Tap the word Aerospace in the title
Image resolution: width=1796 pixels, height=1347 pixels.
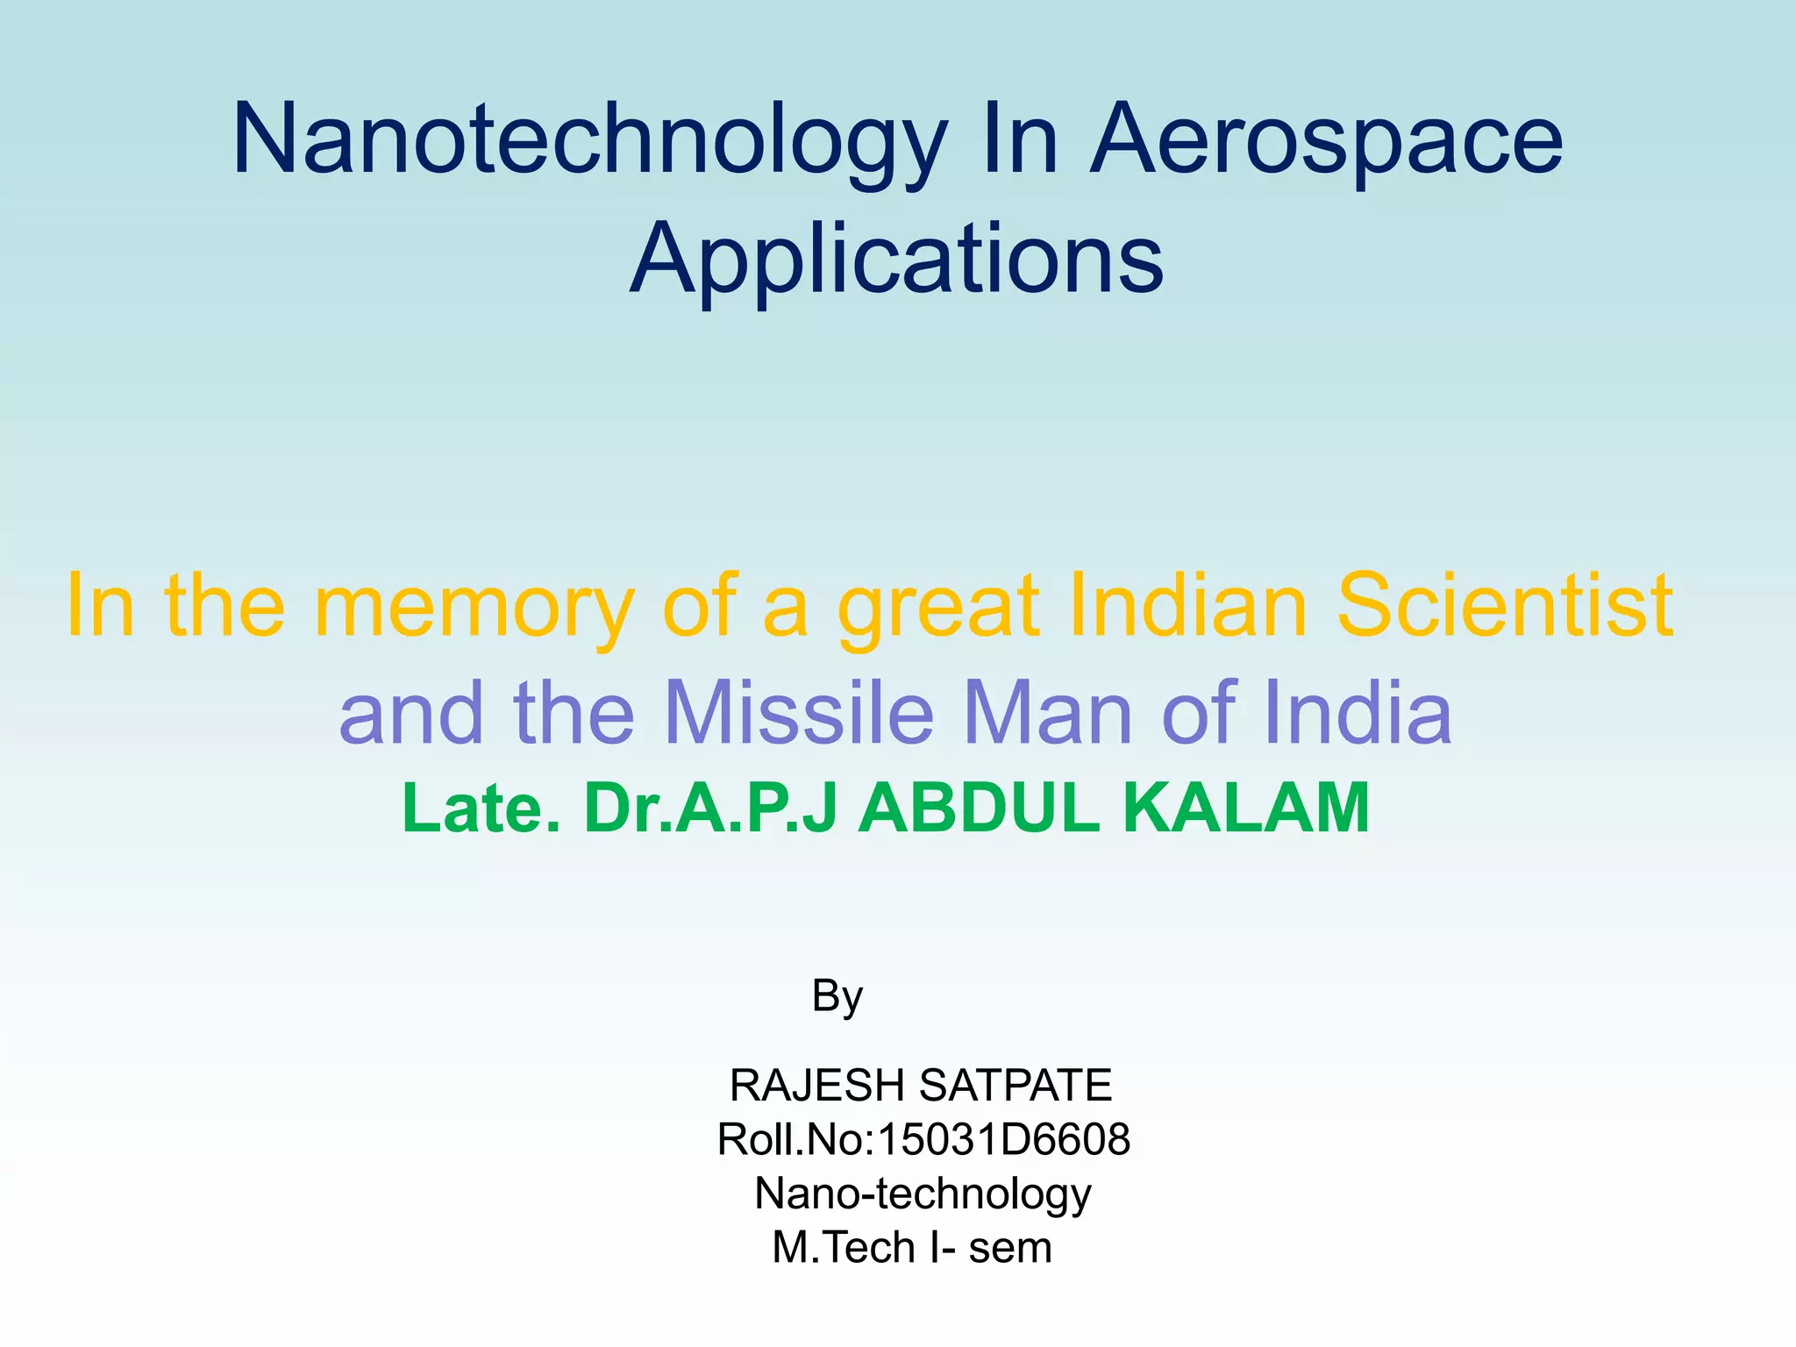1326,140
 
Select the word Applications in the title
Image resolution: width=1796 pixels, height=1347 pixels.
896,260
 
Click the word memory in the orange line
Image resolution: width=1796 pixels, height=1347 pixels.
474,605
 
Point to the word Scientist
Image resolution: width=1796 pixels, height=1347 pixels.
1503,605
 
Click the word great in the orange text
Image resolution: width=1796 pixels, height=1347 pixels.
937,605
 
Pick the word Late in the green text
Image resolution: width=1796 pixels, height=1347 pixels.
479,808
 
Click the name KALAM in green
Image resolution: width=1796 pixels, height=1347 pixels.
1245,808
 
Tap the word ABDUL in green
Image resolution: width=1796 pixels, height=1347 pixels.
978,808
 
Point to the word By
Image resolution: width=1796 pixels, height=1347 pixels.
837,997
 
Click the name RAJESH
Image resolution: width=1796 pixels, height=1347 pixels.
816,1086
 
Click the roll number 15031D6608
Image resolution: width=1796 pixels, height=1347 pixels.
1003,1140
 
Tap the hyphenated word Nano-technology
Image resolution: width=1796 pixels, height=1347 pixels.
923,1194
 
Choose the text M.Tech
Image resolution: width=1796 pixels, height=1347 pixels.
844,1248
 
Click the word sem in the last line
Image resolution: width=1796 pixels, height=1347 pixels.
1009,1248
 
